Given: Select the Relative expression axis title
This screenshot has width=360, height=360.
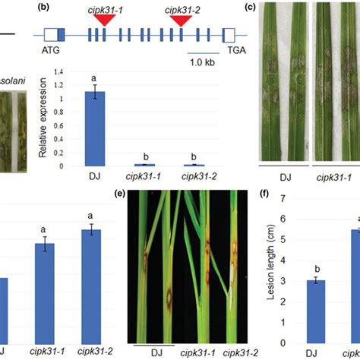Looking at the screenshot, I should (x=51, y=121).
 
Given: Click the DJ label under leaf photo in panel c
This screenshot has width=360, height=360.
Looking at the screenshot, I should (x=286, y=177).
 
